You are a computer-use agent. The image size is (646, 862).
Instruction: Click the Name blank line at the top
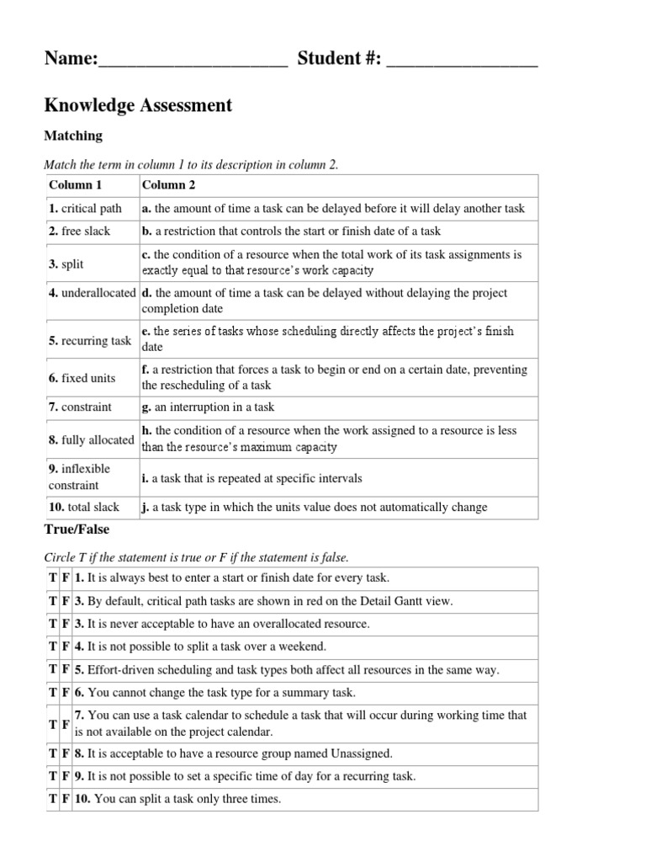pyautogui.click(x=193, y=61)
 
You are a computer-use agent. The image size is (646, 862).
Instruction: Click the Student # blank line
pyautogui.click(x=462, y=61)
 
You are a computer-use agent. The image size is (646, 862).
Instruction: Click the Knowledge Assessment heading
pyautogui.click(x=137, y=105)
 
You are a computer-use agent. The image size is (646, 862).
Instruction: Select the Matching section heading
pyautogui.click(x=73, y=136)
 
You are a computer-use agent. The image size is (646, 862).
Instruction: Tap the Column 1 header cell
pyautogui.click(x=75, y=185)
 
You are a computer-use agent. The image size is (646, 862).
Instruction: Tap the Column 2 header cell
pyautogui.click(x=168, y=185)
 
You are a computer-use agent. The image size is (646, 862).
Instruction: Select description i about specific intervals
pyautogui.click(x=252, y=478)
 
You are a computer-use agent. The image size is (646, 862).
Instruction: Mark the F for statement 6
pyautogui.click(x=66, y=693)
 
